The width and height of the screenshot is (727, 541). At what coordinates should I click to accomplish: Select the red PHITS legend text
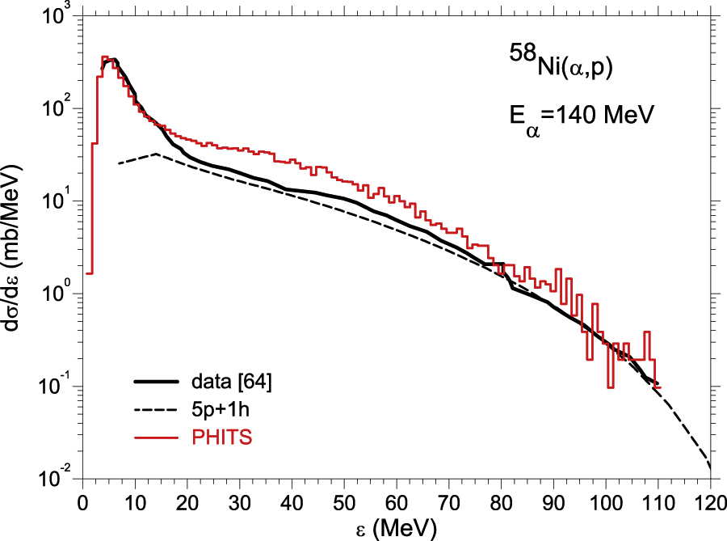216,437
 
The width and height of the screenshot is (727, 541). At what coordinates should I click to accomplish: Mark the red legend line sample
157,437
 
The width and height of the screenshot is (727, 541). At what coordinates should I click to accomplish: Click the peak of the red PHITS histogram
104,57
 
